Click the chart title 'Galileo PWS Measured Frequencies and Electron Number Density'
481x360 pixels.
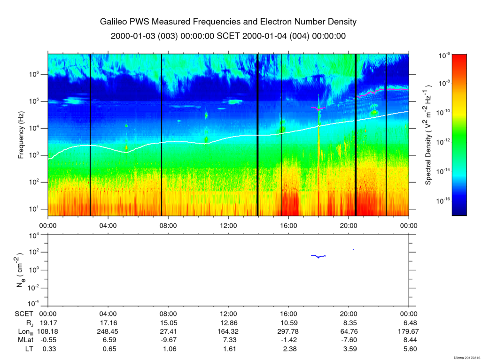[228, 22]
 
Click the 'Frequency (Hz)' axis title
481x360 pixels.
[21, 135]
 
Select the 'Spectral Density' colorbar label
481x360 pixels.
[428, 135]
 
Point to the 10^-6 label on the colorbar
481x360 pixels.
[445, 55]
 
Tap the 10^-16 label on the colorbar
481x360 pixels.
[443, 200]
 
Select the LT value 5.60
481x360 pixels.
[408, 349]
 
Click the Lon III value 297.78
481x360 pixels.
[288, 331]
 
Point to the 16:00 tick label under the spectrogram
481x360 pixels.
[288, 225]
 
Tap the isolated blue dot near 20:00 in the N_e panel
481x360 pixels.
[353, 250]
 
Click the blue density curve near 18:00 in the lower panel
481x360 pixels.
[318, 256]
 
